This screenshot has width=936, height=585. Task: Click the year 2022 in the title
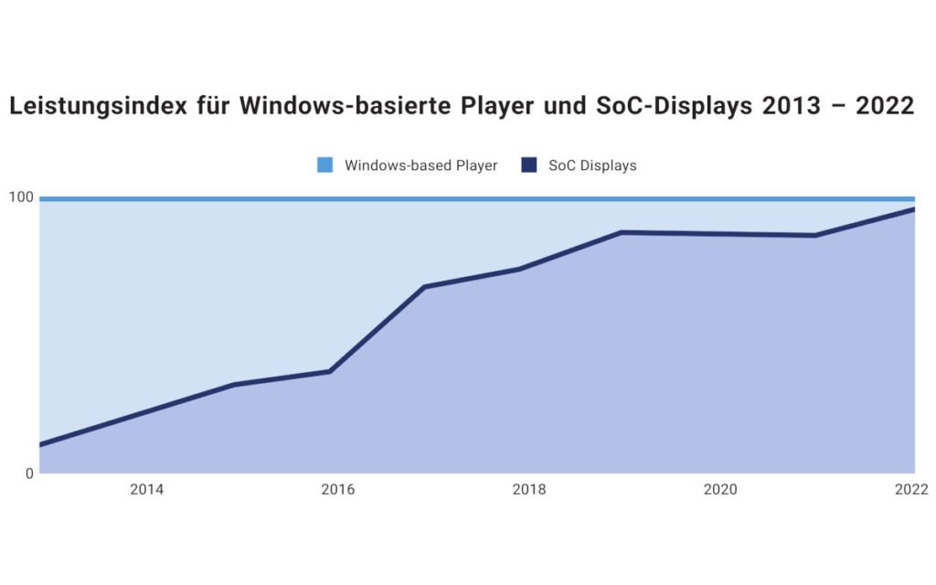(x=884, y=106)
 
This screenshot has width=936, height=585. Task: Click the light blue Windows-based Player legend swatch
(x=324, y=165)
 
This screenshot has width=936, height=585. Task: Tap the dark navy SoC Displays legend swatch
(x=529, y=165)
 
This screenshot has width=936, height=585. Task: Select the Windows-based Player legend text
(x=420, y=165)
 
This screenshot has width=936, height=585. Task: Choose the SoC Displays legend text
(x=592, y=165)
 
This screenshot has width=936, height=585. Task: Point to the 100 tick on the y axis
(x=21, y=197)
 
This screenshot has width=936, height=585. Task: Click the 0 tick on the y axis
(x=28, y=473)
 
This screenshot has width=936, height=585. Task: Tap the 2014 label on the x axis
(x=146, y=490)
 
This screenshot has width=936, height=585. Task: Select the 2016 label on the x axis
(x=337, y=490)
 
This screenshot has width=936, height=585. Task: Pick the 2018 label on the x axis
(x=528, y=490)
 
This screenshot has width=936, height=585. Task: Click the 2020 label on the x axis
(x=720, y=490)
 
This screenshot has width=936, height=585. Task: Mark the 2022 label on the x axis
(x=911, y=490)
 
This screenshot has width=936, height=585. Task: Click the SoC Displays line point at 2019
(x=622, y=232)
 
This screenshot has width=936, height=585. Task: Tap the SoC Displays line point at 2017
(x=425, y=287)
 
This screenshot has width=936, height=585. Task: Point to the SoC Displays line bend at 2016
(x=329, y=371)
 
